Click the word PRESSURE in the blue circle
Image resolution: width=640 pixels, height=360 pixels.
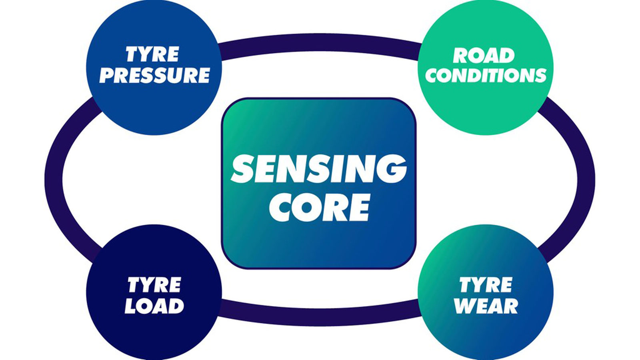pyautogui.click(x=154, y=75)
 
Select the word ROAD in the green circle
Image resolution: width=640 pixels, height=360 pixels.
pyautogui.click(x=484, y=56)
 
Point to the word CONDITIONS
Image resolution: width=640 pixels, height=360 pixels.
pyautogui.click(x=486, y=75)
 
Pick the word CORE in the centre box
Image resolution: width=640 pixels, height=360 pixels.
pyautogui.click(x=319, y=208)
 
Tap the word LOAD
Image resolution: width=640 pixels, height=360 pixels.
pyautogui.click(x=154, y=306)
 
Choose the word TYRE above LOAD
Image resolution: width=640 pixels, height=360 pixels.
pyautogui.click(x=154, y=286)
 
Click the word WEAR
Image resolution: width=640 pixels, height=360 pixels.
pyautogui.click(x=486, y=306)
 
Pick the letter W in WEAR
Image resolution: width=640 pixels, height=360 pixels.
pyautogui.click(x=464, y=306)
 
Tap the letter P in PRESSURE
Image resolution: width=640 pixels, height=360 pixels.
pyautogui.click(x=107, y=75)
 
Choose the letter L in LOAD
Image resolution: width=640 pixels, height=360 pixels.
pyautogui.click(x=131, y=306)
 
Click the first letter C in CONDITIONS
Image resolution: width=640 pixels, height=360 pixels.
pyautogui.click(x=433, y=75)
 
